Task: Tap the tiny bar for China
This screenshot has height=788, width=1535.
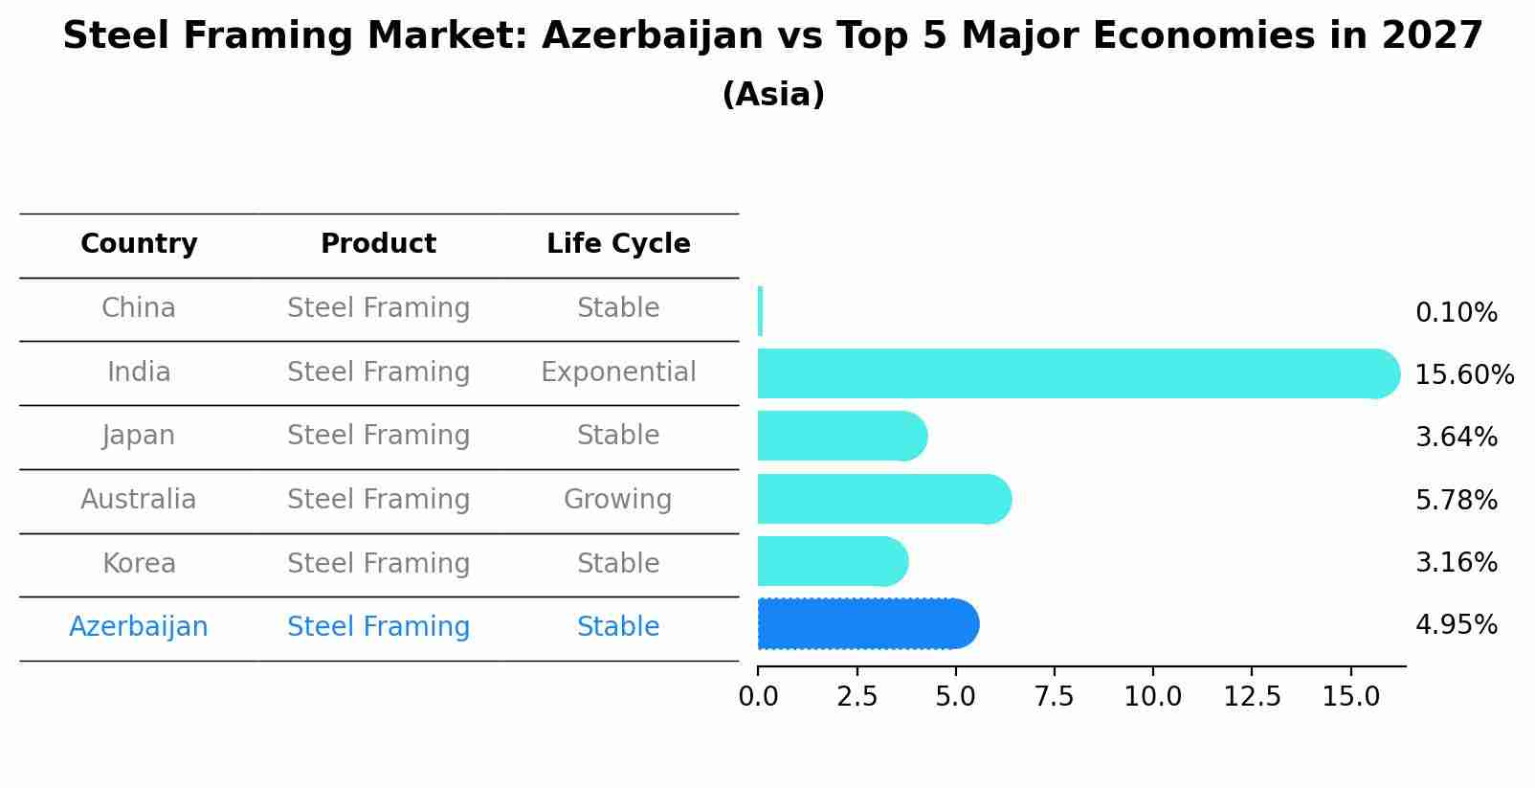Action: pyautogui.click(x=760, y=311)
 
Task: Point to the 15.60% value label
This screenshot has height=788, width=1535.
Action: pyautogui.click(x=1463, y=375)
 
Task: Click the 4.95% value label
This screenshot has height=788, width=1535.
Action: pyautogui.click(x=1456, y=625)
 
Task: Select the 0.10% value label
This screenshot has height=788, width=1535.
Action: pyautogui.click(x=1456, y=313)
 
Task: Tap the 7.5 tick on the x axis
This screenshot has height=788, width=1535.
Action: pyautogui.click(x=1054, y=697)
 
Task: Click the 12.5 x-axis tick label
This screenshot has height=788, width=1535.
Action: pyautogui.click(x=1252, y=697)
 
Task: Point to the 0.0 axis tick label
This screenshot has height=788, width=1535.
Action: pyautogui.click(x=758, y=697)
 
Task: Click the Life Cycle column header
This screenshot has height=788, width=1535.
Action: pyautogui.click(x=618, y=244)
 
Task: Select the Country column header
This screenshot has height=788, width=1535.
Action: pyautogui.click(x=139, y=244)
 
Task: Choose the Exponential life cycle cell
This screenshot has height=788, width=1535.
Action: pyautogui.click(x=618, y=372)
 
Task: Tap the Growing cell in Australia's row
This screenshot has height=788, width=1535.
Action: pyautogui.click(x=617, y=500)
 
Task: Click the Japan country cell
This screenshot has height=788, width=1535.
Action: pyautogui.click(x=139, y=436)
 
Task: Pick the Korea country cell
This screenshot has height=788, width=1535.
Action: pyautogui.click(x=139, y=564)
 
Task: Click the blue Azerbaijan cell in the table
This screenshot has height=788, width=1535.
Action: pyautogui.click(x=139, y=627)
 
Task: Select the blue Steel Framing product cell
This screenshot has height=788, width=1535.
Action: pyautogui.click(x=378, y=627)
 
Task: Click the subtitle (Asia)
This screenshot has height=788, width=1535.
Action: pyautogui.click(x=773, y=95)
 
